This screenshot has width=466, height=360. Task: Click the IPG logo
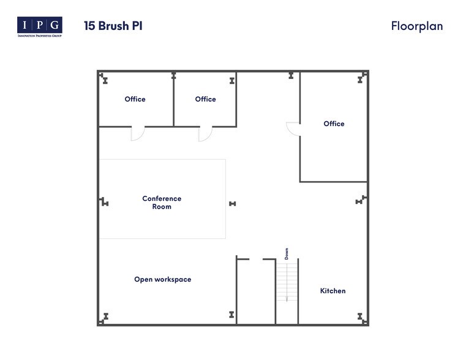click(39, 26)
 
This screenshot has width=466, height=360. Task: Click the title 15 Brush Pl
click(113, 26)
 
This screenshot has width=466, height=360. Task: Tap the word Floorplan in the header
click(416, 26)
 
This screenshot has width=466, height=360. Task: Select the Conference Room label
click(162, 203)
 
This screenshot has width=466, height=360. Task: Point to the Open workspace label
click(162, 279)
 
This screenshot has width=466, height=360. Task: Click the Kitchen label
click(333, 291)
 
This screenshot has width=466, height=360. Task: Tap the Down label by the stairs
click(286, 253)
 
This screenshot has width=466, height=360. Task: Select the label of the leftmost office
click(135, 99)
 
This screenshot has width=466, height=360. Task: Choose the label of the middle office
click(205, 99)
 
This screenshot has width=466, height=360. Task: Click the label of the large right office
click(334, 124)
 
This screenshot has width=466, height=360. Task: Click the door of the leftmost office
click(137, 133)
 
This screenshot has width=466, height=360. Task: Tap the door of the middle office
click(205, 133)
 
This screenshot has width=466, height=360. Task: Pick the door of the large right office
click(293, 129)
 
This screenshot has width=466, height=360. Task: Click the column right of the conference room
click(232, 203)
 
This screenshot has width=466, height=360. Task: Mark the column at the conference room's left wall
click(105, 203)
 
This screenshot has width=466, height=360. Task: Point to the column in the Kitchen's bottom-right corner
click(361, 317)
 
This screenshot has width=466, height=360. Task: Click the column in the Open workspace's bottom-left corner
click(105, 317)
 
